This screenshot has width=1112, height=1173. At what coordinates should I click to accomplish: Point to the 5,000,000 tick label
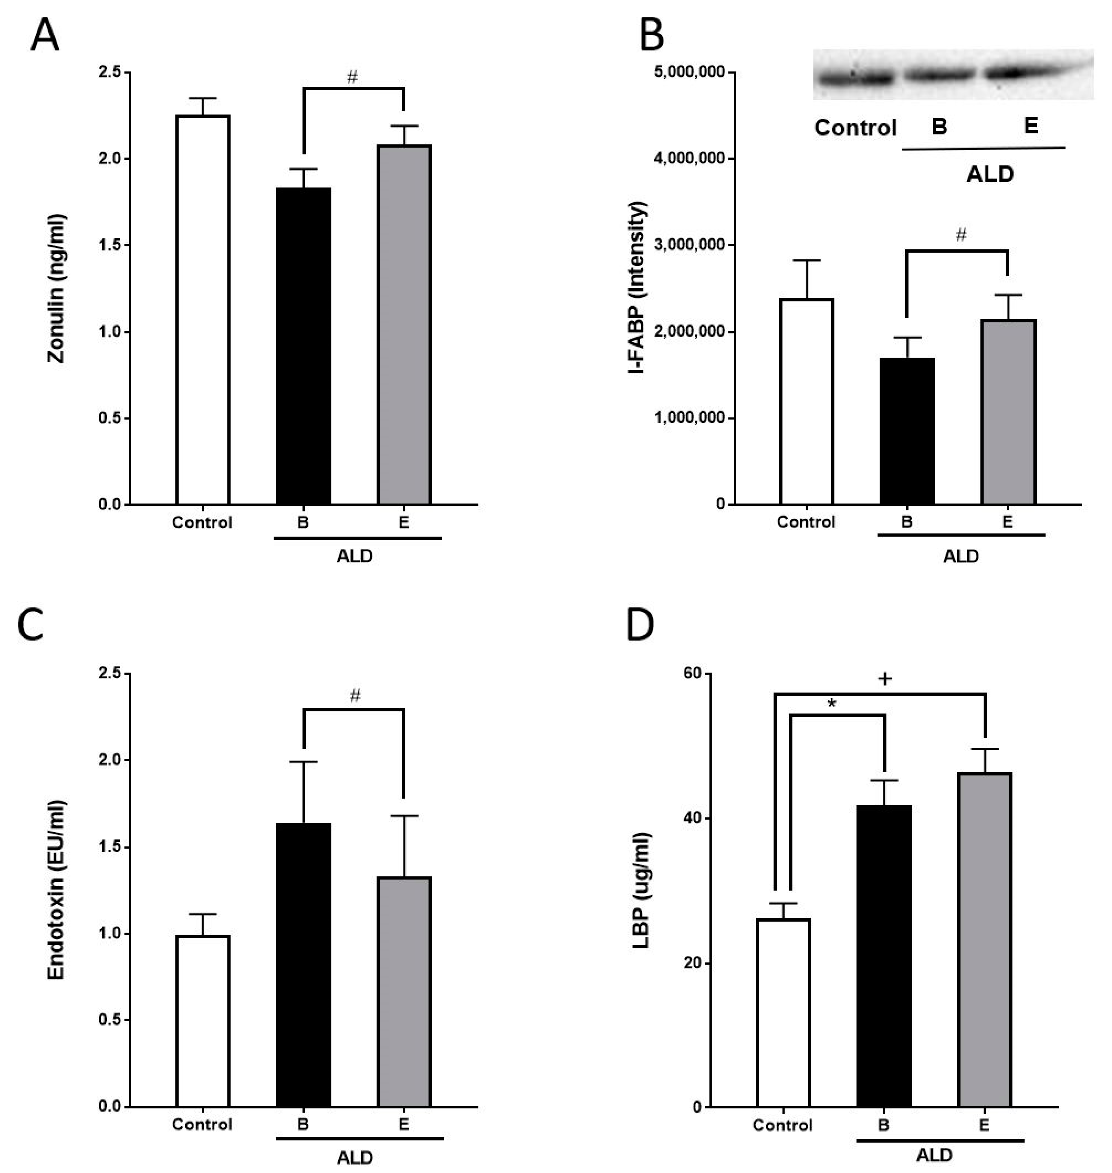coord(689,72)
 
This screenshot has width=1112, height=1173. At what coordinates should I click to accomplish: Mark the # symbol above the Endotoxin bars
coord(355,696)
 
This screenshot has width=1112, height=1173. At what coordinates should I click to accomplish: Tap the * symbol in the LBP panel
coord(832,704)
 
